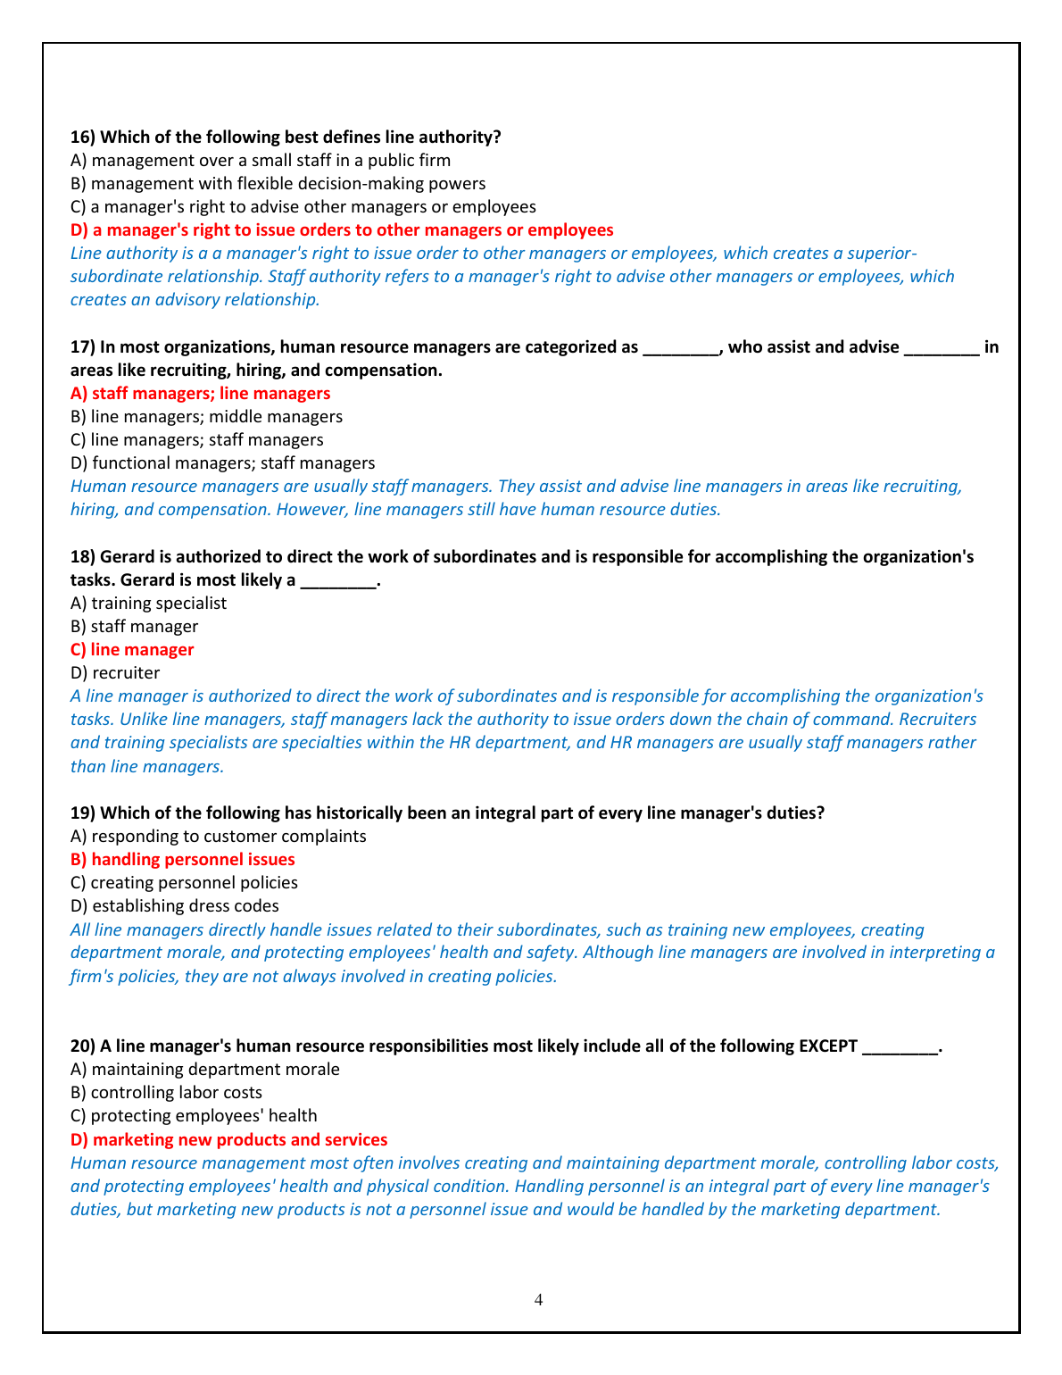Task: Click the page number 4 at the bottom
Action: (x=538, y=1299)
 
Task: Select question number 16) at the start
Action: (x=83, y=137)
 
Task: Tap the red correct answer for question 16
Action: (x=342, y=230)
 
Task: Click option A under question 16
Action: (x=260, y=161)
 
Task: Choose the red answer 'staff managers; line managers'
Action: (x=200, y=394)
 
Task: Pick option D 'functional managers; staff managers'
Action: (x=222, y=463)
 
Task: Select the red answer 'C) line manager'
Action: (x=132, y=650)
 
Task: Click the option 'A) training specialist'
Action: (x=148, y=604)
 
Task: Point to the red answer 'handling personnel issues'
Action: (x=183, y=860)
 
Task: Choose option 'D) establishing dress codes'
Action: (x=174, y=906)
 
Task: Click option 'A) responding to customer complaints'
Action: (x=218, y=837)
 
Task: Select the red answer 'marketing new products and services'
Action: (x=228, y=1140)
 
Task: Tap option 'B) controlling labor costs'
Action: (x=166, y=1093)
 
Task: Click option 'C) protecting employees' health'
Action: (x=194, y=1116)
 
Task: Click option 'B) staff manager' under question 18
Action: (x=134, y=627)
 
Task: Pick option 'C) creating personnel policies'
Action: (x=184, y=883)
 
